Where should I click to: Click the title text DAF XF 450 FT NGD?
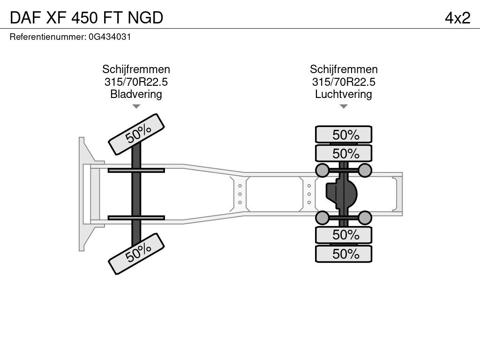86,18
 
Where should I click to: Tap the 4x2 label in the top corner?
457,18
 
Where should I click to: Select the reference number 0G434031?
110,37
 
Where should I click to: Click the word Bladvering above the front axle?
136,94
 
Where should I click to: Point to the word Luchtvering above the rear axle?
344,94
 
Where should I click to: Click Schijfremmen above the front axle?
136,69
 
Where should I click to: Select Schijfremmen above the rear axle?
344,69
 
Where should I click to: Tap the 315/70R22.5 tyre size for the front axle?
136,82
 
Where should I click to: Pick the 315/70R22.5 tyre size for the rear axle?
344,82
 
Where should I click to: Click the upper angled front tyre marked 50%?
136,135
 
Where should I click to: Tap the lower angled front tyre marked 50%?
136,254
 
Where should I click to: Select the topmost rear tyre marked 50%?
344,135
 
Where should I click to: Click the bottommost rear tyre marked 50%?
344,254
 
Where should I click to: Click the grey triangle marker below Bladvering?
136,106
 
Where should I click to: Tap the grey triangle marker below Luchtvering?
344,106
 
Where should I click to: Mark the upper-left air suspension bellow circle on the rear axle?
322,170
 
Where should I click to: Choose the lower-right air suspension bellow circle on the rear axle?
365,217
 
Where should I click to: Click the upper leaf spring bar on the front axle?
136,170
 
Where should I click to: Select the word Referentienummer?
48,37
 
